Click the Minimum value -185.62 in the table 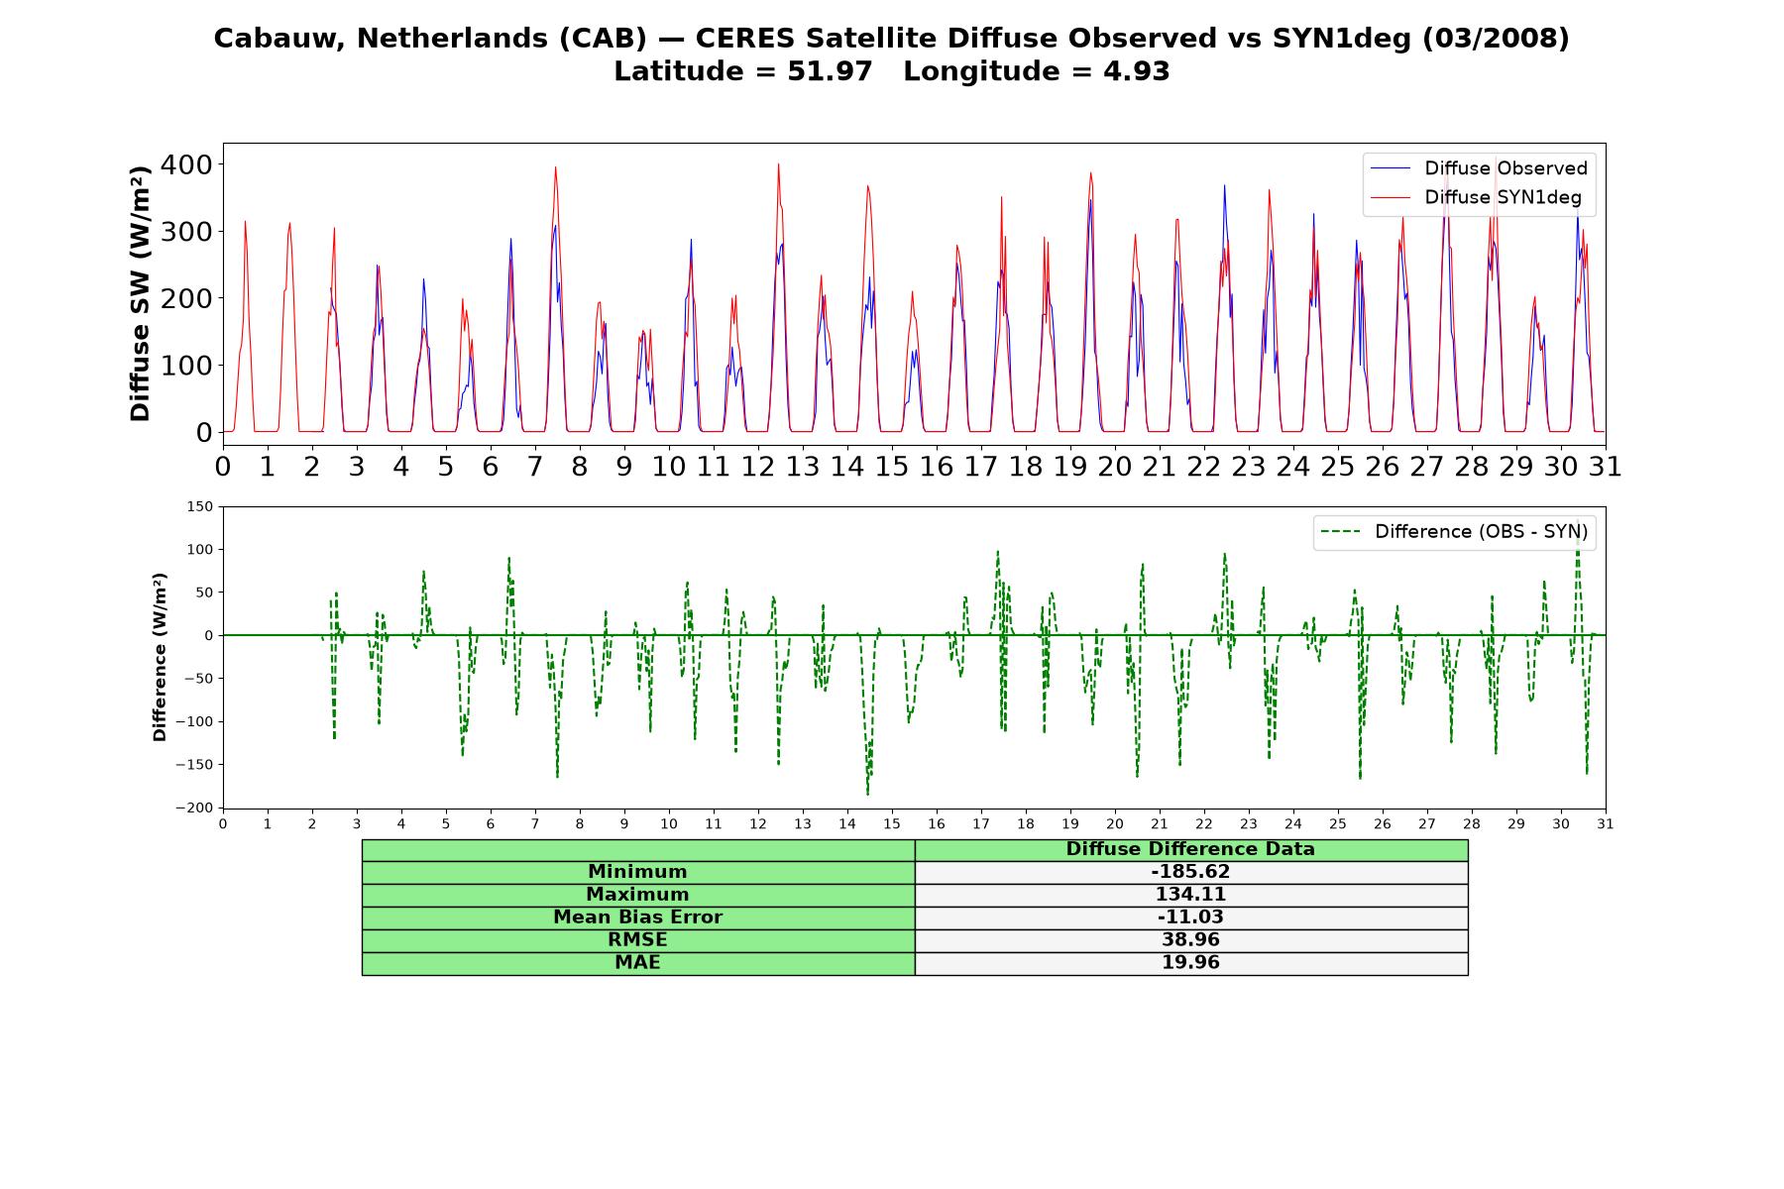(x=1190, y=872)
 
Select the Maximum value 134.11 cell (x=1190, y=895)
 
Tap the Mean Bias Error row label (x=637, y=918)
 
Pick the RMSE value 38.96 (x=1190, y=940)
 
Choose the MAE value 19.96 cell (x=1190, y=963)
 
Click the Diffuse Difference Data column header (x=1190, y=849)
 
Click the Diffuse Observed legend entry (x=1479, y=168)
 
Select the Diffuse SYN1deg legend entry (x=1476, y=197)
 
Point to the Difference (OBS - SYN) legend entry (x=1455, y=532)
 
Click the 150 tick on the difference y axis (x=199, y=506)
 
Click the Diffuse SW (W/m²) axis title (x=141, y=293)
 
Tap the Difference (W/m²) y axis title (x=161, y=657)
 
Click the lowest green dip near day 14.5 (x=867, y=795)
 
